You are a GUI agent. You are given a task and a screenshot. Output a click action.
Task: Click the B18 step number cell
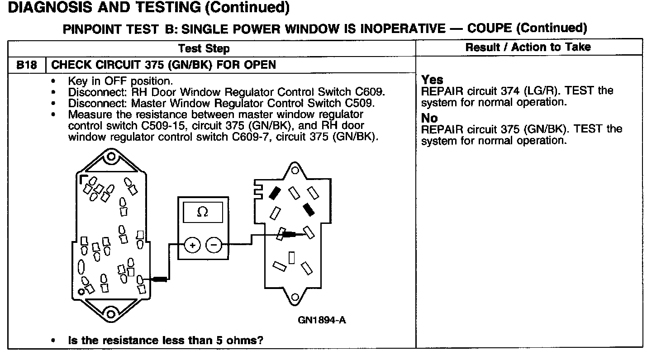[x=27, y=65]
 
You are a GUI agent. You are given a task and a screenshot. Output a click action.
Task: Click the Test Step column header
[x=204, y=48]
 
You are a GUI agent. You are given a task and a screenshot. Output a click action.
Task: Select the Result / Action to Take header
[x=528, y=47]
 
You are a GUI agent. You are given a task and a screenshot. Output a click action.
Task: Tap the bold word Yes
[x=432, y=80]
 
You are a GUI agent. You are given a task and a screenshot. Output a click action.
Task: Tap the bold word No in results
[x=429, y=118]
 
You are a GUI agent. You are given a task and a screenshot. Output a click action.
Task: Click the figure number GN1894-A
[x=322, y=320]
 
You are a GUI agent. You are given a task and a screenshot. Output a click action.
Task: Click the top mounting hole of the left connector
[x=110, y=158]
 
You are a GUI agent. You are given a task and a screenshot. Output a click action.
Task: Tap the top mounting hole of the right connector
[x=295, y=171]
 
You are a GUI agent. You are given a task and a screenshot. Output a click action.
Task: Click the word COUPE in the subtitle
[x=490, y=28]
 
